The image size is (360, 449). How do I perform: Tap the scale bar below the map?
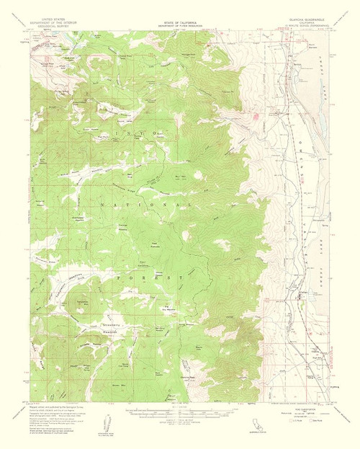(x=179, y=414)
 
